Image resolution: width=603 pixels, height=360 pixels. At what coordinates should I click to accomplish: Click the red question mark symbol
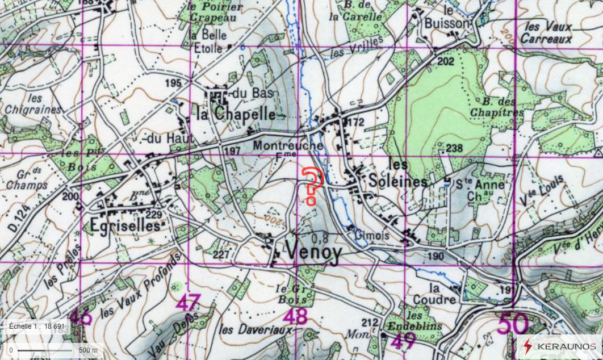coord(312,186)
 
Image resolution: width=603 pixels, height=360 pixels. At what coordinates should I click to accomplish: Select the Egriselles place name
coord(125,225)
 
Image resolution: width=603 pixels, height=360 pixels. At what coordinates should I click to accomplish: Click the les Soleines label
coord(397,174)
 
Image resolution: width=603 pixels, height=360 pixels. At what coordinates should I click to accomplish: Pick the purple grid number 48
coord(296,316)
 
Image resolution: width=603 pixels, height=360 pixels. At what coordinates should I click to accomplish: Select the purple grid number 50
coord(513,324)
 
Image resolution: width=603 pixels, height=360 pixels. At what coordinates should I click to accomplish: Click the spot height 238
coord(455,149)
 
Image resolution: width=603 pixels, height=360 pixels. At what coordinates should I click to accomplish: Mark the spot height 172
coord(355,122)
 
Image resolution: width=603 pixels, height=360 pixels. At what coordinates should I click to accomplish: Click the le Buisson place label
coord(448,18)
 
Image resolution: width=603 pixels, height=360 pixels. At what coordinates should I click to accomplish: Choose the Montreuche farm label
coord(288,146)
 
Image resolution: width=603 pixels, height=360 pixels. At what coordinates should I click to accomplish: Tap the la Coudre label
coord(442,294)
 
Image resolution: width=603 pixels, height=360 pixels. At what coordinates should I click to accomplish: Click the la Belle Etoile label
coord(208,41)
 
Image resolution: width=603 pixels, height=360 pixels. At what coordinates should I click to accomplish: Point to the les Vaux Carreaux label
coord(548,33)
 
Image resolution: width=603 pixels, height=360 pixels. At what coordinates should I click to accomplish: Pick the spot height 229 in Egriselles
coord(154,214)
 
